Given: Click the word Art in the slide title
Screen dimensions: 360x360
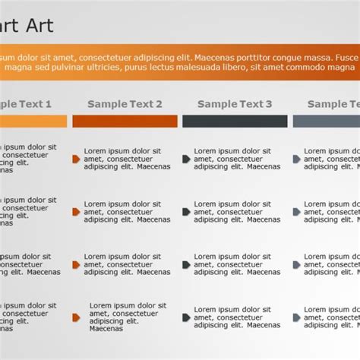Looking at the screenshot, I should point(39,26).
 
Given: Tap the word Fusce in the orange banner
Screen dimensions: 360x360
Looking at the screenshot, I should point(347,58).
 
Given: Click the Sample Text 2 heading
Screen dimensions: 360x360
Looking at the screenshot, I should point(125,104).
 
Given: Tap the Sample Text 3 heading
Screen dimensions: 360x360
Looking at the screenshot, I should point(235,104).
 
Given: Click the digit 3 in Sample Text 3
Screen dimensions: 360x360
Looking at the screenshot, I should point(269,104).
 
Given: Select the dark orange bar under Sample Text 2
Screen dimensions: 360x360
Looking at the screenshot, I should point(125,121).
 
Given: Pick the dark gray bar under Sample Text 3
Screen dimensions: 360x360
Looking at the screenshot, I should point(235,121).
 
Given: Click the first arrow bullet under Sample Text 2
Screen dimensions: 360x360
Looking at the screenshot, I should point(76,159).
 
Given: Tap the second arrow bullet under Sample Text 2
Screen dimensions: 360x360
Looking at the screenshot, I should point(76,212).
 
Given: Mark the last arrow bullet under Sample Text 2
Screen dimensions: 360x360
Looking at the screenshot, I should point(77,317).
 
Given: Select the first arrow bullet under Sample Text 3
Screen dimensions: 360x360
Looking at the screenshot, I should point(186,159).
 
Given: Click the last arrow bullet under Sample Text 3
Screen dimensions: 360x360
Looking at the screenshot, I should point(186,317).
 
